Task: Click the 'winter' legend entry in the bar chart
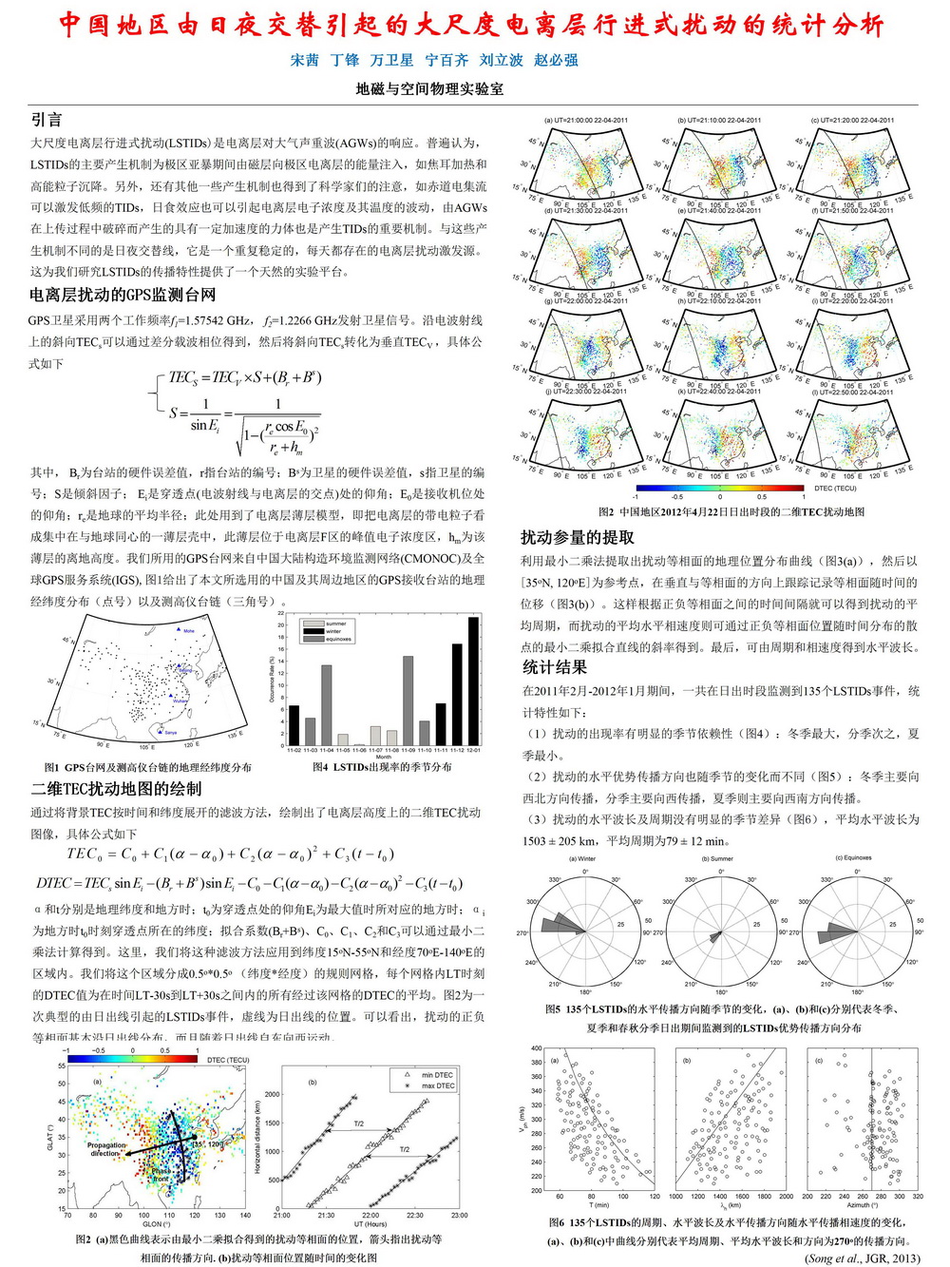(x=333, y=631)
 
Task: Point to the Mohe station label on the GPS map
(x=188, y=631)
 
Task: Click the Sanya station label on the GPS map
(x=170, y=733)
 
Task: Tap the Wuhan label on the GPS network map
(x=180, y=701)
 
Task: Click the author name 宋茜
(x=304, y=60)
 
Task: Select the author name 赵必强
(x=556, y=60)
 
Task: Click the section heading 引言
(x=47, y=119)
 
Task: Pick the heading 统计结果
(x=554, y=667)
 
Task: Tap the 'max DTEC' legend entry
(x=437, y=1085)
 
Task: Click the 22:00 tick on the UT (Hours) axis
(x=370, y=1215)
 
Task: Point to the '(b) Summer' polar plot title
(x=717, y=858)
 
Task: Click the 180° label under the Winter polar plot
(x=585, y=992)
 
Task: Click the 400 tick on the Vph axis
(x=537, y=1048)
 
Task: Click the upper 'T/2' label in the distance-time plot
(x=358, y=1123)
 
